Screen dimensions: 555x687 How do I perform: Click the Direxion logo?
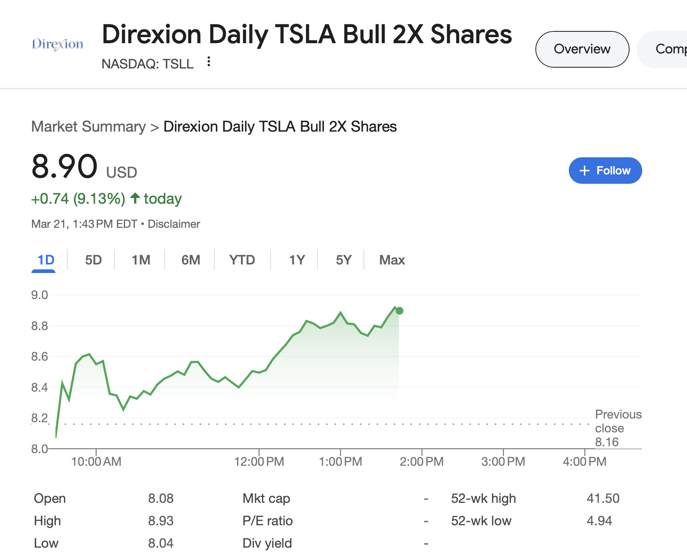57,44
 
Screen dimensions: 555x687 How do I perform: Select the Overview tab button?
582,49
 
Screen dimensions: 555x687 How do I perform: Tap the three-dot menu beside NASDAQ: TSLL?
209,62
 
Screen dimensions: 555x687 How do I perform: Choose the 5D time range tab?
93,260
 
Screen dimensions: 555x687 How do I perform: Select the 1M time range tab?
141,260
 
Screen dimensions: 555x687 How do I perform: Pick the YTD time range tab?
242,260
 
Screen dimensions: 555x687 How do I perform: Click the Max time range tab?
392,260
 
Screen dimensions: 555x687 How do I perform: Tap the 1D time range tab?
46,260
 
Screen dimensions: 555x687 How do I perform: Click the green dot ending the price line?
399,311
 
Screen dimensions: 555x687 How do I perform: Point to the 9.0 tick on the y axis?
40,295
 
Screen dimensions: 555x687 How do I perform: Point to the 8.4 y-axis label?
40,387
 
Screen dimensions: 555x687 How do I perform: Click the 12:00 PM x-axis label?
259,462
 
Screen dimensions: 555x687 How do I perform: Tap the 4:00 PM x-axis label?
584,462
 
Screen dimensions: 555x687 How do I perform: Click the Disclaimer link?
174,224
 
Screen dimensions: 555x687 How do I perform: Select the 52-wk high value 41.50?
603,498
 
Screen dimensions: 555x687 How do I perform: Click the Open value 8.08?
161,498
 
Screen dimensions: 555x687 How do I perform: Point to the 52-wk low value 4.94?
599,521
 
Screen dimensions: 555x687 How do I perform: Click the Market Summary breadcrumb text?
88,127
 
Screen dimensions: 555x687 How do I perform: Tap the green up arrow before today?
135,198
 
